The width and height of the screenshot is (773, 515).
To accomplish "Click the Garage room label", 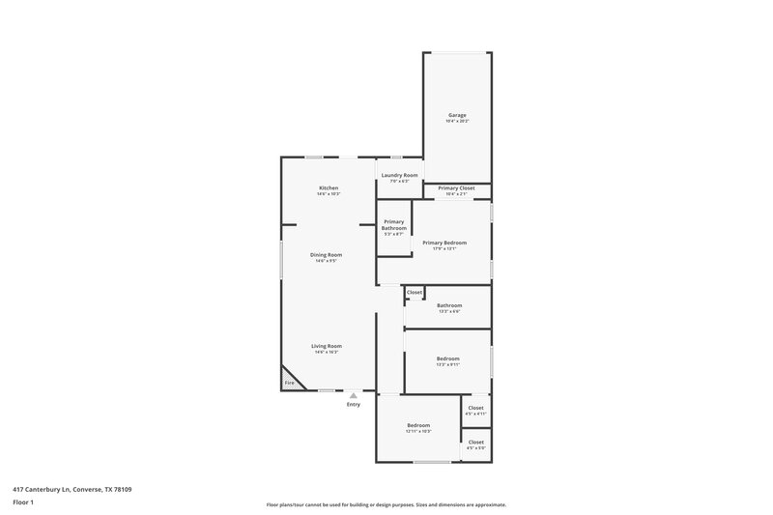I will [457, 115].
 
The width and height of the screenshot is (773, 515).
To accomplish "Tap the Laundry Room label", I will [399, 175].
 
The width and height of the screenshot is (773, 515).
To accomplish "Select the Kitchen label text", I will [329, 187].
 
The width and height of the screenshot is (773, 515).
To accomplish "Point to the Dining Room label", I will [326, 255].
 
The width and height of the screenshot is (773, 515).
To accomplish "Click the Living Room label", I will [326, 346].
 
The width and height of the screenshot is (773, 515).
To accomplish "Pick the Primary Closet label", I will [456, 188].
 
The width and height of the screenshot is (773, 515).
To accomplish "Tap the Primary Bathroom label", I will [393, 225].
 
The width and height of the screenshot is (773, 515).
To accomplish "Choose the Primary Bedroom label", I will [444, 243].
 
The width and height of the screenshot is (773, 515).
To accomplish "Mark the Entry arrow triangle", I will [354, 394].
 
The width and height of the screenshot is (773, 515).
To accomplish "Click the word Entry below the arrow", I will [354, 404].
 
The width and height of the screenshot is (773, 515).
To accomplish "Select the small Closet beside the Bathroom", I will [414, 292].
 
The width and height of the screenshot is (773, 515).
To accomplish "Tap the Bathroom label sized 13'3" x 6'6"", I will [449, 305].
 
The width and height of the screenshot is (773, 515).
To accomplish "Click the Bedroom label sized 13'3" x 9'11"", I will [447, 358].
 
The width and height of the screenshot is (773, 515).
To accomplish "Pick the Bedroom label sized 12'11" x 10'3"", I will [417, 425].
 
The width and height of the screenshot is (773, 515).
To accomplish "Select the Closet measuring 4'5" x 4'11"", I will [475, 408].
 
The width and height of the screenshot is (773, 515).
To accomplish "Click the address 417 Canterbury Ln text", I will [73, 489].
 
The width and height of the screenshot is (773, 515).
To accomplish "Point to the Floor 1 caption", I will [23, 503].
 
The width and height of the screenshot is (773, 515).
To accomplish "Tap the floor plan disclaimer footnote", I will [386, 504].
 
